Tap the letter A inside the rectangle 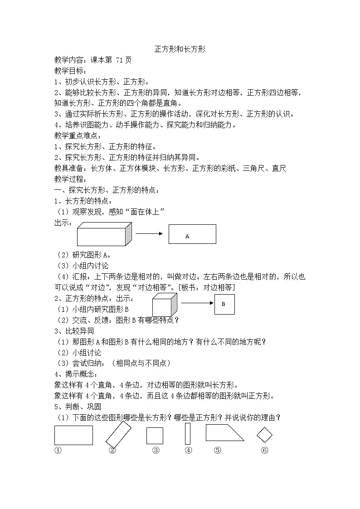[187, 237]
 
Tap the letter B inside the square [224, 305]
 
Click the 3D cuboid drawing [104, 234]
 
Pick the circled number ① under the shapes [58, 450]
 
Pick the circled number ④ [188, 450]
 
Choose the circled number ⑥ [265, 450]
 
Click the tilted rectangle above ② [118, 434]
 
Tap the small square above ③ [155, 436]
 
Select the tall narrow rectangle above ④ [187, 434]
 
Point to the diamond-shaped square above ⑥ [264, 436]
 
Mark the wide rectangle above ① [73, 435]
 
